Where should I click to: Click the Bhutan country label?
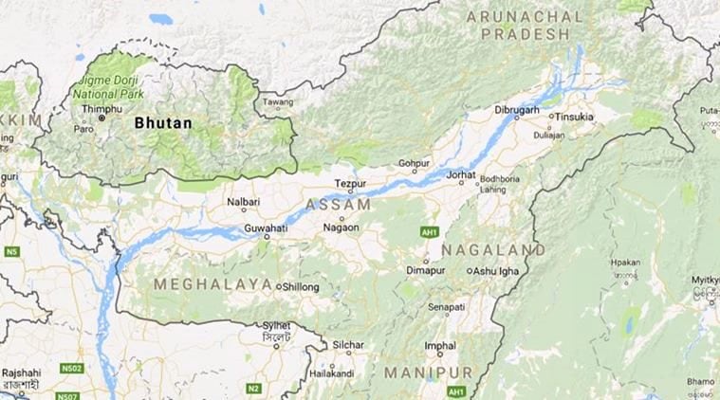163,123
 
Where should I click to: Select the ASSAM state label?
339,205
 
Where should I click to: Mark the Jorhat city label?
460,176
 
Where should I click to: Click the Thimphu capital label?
103,110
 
